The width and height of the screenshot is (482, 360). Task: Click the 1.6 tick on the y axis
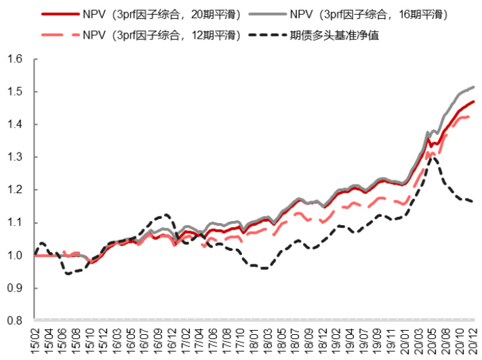(14, 60)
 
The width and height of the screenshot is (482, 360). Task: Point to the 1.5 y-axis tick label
(14, 92)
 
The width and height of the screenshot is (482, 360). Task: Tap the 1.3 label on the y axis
(14, 157)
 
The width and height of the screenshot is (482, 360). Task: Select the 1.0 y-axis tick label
(14, 256)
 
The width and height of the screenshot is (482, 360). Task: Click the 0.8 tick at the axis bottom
(14, 321)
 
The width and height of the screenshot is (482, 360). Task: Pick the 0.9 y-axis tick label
(14, 288)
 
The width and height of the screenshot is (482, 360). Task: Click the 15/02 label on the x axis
(36, 338)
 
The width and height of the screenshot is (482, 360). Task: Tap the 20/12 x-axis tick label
(473, 338)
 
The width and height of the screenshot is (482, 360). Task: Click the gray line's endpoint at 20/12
(473, 87)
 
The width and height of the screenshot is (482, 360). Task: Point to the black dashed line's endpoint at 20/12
(473, 201)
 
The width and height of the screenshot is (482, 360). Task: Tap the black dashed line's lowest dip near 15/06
(67, 273)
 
